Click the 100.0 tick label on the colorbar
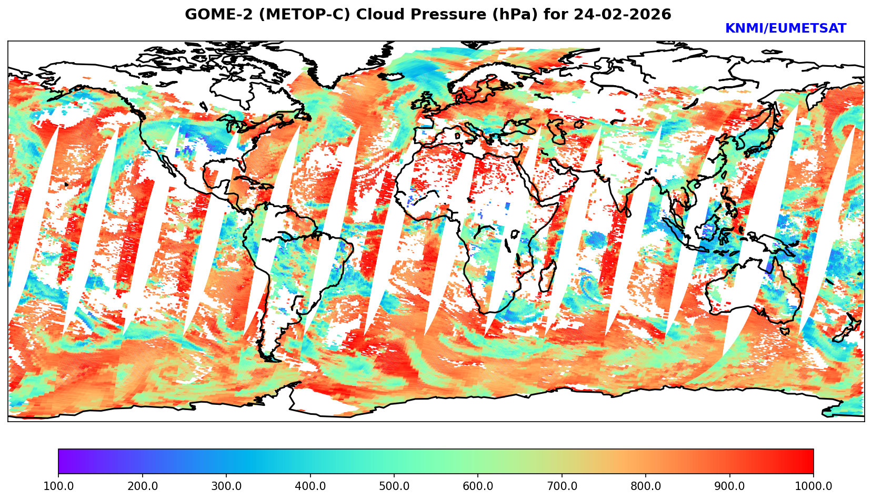click(x=58, y=486)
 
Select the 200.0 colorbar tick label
click(x=142, y=486)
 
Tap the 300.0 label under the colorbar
click(x=226, y=486)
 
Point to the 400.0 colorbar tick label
click(x=310, y=486)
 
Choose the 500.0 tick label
click(x=394, y=486)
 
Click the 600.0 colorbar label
click(x=478, y=486)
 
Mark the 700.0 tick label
click(x=562, y=486)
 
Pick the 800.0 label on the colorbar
click(x=646, y=486)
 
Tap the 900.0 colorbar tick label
click(x=730, y=486)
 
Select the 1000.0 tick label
click(x=814, y=486)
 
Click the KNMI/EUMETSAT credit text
click(x=785, y=29)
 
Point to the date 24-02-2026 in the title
click(x=623, y=15)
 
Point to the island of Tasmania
click(x=785, y=331)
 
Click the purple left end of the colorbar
click(x=62, y=461)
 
